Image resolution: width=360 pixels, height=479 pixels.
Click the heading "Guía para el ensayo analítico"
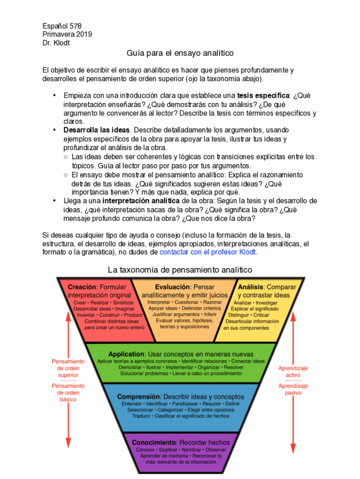[180, 53]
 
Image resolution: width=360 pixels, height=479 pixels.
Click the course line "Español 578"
[62, 26]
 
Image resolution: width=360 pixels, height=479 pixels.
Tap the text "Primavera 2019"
[67, 34]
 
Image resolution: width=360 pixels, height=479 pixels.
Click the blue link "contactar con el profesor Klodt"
[208, 252]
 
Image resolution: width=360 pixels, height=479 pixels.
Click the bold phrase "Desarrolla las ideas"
[97, 130]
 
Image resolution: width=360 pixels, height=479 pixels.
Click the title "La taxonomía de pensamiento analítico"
[180, 270]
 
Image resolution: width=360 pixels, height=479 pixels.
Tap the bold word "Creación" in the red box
[82, 287]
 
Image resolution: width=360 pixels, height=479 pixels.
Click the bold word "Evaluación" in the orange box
[173, 287]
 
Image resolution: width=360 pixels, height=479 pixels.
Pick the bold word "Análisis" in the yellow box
[251, 287]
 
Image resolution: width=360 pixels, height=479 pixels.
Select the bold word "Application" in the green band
[126, 354]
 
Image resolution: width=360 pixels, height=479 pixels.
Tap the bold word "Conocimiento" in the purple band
[154, 442]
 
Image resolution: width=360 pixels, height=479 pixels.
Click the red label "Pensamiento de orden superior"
[68, 368]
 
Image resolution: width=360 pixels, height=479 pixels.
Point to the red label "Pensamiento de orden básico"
[68, 393]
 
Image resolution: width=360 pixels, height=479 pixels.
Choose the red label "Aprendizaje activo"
[293, 371]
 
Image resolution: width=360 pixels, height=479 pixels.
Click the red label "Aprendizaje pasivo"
[293, 389]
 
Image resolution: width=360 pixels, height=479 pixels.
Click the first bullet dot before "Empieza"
[54, 95]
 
